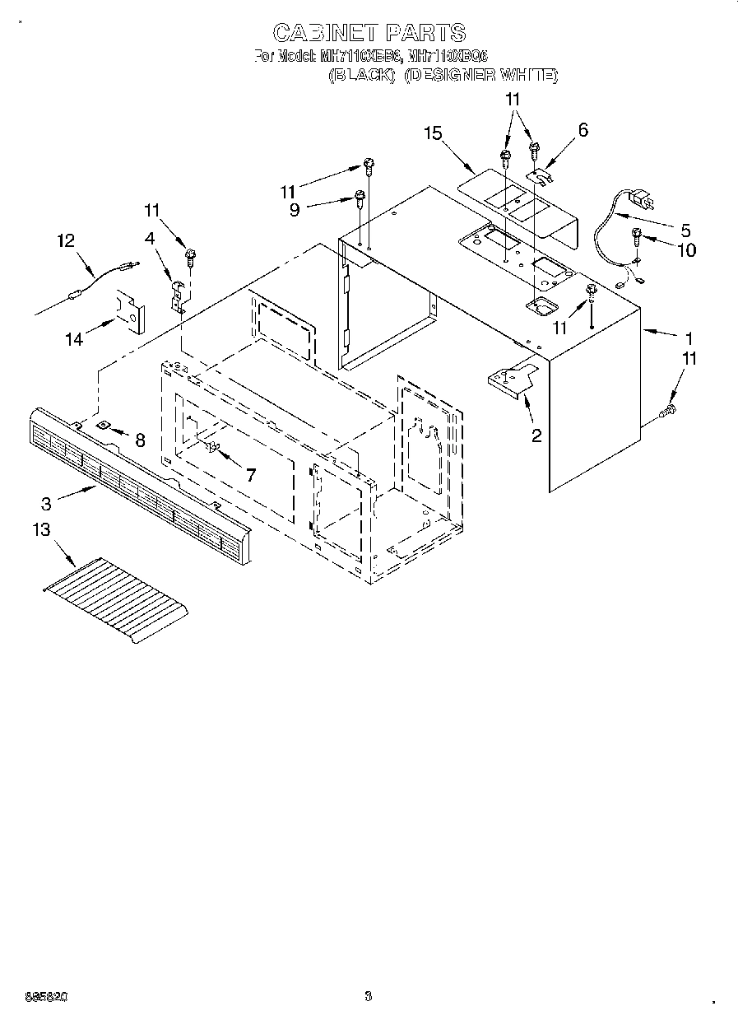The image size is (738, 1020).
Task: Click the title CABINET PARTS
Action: pos(369,33)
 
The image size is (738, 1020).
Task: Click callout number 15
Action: pos(433,133)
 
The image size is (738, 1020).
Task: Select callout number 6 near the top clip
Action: pos(583,129)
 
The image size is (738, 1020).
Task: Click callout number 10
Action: pos(686,249)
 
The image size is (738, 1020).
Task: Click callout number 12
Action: pos(66,240)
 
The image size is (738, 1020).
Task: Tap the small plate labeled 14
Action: pos(130,310)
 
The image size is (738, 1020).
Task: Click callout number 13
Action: pos(41,531)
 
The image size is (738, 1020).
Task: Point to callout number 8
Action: pos(140,440)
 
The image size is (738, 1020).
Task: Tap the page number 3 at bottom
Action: pos(368,996)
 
